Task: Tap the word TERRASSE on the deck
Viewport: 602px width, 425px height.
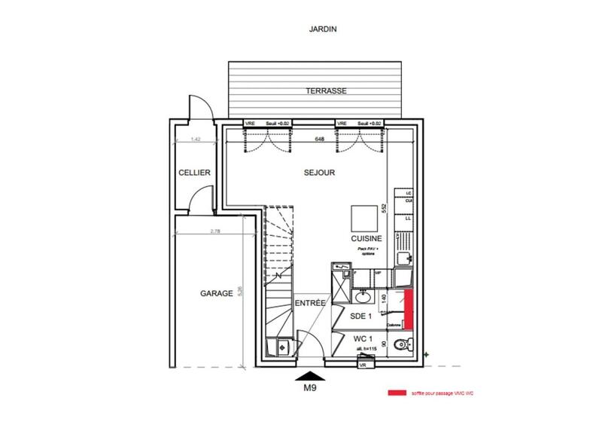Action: (325, 91)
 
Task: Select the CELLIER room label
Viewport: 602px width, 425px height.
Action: (193, 173)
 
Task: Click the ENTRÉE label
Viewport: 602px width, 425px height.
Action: (309, 303)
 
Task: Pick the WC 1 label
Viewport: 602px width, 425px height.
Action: (365, 341)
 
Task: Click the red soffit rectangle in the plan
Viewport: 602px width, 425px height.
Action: (409, 309)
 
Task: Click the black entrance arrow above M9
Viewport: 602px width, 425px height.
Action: (310, 375)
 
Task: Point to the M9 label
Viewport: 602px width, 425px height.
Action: (310, 390)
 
